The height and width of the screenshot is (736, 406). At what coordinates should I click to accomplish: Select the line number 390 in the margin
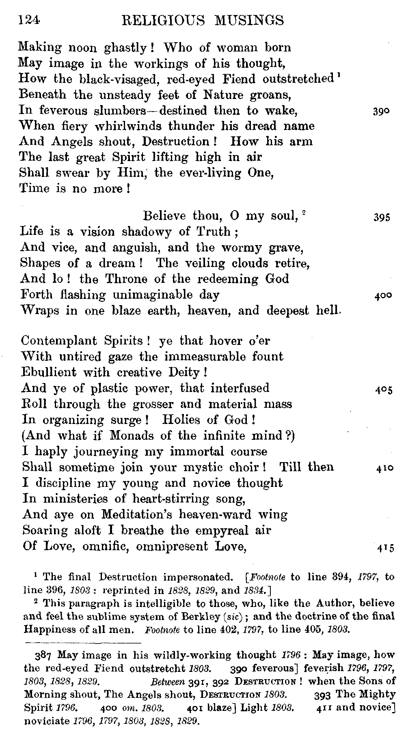tap(381, 112)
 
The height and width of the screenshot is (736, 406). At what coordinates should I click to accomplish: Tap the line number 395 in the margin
tap(382, 217)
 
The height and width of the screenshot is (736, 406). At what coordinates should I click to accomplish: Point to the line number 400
tap(382, 296)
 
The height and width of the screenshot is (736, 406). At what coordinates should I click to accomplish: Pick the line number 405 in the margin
tap(383, 390)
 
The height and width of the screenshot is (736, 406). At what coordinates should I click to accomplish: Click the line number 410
tap(384, 468)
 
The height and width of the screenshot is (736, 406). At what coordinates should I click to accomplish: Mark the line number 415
tap(384, 548)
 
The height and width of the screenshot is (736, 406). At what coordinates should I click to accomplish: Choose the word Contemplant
tap(59, 341)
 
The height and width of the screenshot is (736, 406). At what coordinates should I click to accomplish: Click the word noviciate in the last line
tap(46, 722)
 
